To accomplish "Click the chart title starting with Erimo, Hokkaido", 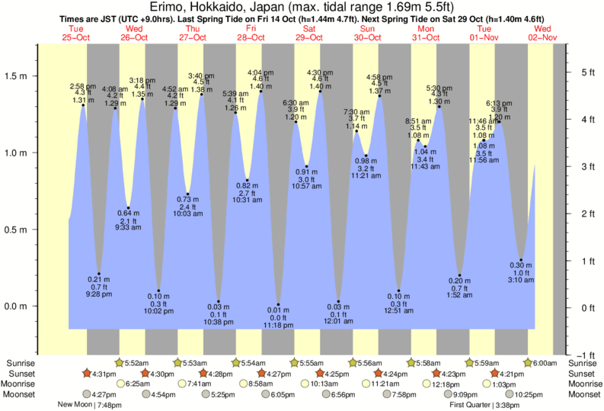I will click(302, 8).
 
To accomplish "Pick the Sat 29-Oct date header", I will click(308, 33).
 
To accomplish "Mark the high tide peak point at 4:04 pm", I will click(261, 92).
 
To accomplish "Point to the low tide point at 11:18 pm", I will click(279, 305).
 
